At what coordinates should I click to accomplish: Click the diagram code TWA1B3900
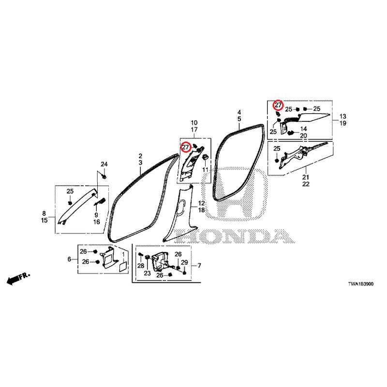360,284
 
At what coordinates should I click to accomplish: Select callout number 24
104,164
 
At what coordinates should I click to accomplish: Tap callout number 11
205,170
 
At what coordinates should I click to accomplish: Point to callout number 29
184,262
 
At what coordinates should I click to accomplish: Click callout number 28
141,266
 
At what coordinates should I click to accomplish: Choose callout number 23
148,273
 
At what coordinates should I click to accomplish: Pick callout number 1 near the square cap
123,253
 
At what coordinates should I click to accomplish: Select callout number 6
69,259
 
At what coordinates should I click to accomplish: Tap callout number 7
199,266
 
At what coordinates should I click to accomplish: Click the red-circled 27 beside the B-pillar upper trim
185,148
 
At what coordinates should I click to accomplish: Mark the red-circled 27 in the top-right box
278,105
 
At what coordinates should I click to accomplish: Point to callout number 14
303,129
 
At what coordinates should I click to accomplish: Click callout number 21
306,177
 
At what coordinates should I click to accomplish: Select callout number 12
202,203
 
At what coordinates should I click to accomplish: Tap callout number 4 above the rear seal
239,112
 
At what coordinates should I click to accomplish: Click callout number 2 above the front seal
140,156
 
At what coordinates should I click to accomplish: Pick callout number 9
96,215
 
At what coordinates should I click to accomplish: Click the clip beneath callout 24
104,177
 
